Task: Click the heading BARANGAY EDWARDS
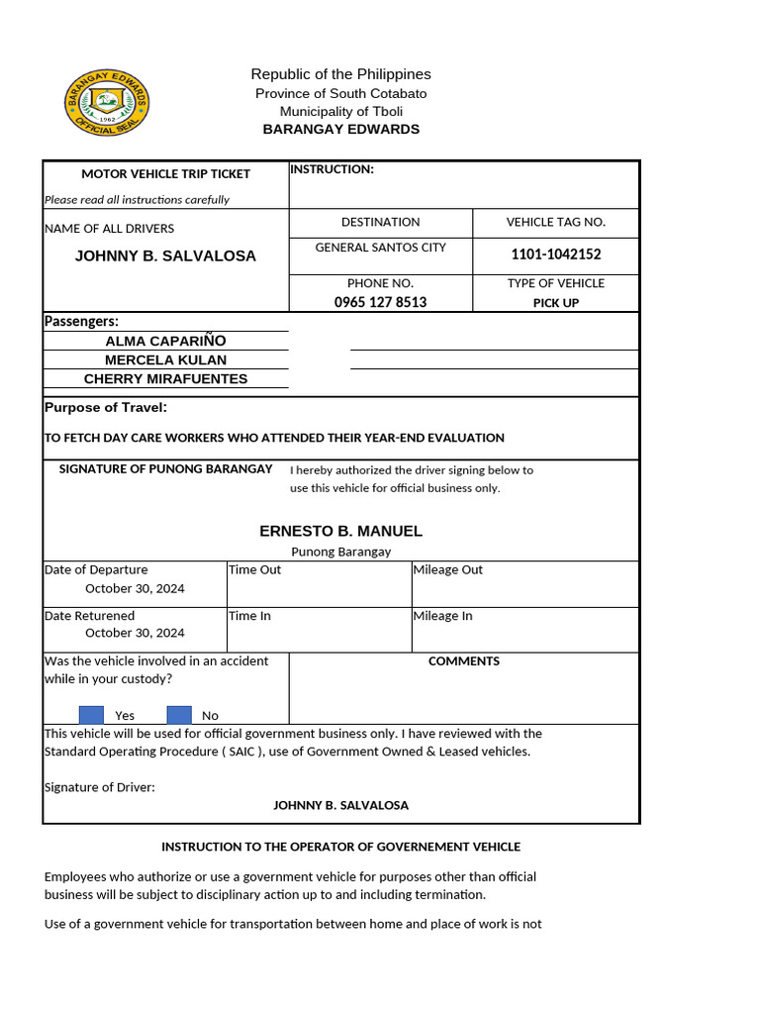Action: tap(340, 130)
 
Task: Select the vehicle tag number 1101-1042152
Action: tap(555, 254)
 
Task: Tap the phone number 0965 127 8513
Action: tap(380, 302)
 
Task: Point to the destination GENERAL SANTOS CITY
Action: tap(380, 248)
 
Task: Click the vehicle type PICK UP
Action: tap(555, 303)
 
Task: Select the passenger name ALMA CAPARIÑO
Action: tap(165, 341)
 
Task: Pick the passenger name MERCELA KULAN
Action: tap(165, 359)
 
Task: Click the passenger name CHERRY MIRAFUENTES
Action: tap(165, 378)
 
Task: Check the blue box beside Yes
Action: tap(91, 715)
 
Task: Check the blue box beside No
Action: tap(179, 715)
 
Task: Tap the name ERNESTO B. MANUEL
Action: tap(340, 531)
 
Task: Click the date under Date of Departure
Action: tap(135, 588)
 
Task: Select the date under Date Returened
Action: tap(135, 633)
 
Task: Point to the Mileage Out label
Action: tap(448, 569)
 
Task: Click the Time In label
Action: tap(249, 616)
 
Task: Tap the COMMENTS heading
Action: tap(463, 661)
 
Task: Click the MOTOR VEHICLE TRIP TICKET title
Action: tap(165, 174)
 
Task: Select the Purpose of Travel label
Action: tap(106, 408)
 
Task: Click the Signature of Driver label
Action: tap(100, 787)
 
